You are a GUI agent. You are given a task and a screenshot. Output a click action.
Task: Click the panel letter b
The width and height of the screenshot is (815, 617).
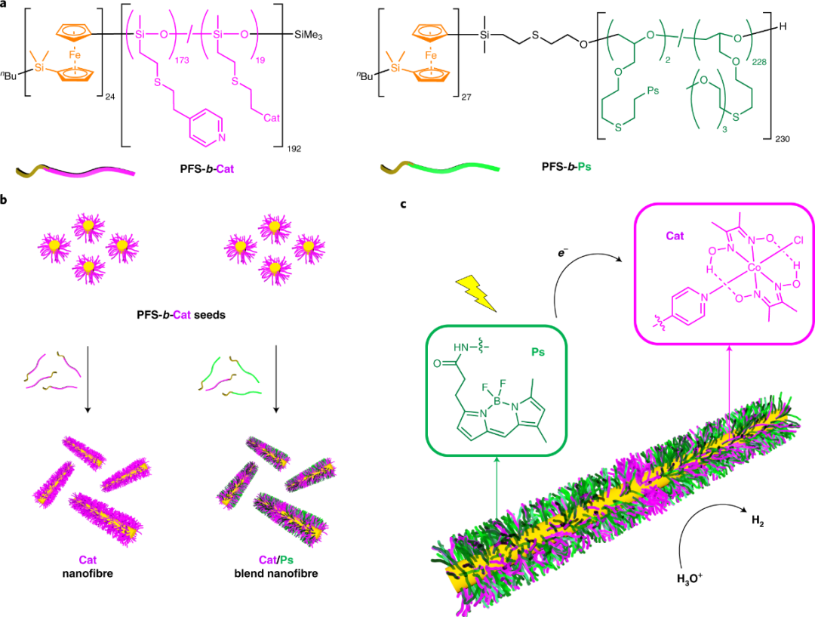[x=5, y=201]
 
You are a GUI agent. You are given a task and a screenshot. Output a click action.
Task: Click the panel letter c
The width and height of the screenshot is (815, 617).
[x=405, y=204]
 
